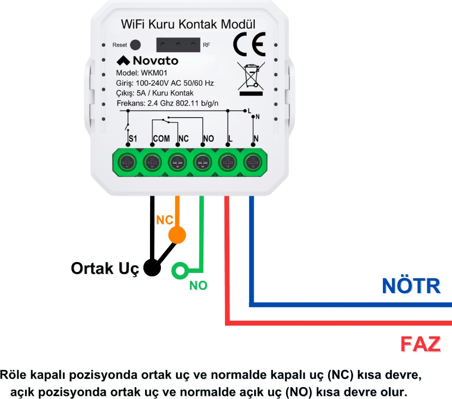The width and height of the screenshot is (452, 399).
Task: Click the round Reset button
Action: pyautogui.click(x=135, y=44)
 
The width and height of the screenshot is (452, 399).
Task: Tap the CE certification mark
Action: pyautogui.click(x=249, y=44)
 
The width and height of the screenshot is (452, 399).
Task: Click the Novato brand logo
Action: pyautogui.click(x=148, y=61)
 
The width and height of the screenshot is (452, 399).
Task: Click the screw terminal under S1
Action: pyautogui.click(x=128, y=161)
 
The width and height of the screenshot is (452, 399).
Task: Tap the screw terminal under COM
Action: pyautogui.click(x=153, y=161)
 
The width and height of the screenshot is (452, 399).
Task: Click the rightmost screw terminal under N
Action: pyautogui.click(x=253, y=161)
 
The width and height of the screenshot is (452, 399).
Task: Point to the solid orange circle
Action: pyautogui.click(x=177, y=235)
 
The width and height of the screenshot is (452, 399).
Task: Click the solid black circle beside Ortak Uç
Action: pyautogui.click(x=152, y=268)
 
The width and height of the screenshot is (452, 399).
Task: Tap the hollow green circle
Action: pyautogui.click(x=179, y=270)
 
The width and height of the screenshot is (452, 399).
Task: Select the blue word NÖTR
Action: pyautogui.click(x=411, y=286)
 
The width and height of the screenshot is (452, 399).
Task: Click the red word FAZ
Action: pyautogui.click(x=420, y=344)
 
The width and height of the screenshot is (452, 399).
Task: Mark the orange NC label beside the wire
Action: pyautogui.click(x=164, y=220)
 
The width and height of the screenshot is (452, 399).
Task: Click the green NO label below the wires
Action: pyautogui.click(x=198, y=285)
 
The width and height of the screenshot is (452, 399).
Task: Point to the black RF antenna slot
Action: pyautogui.click(x=178, y=45)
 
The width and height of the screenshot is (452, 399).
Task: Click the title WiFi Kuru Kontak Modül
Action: pyautogui.click(x=188, y=24)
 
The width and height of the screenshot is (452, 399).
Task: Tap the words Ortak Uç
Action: pyautogui.click(x=105, y=268)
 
